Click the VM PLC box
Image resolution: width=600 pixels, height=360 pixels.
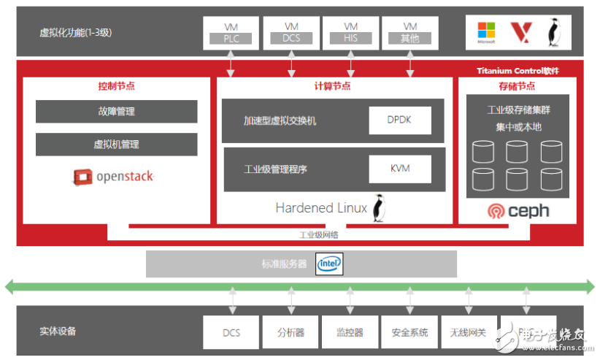point(231,33)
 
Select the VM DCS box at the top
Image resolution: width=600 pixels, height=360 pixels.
point(291,33)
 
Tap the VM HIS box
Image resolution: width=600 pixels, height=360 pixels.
point(350,33)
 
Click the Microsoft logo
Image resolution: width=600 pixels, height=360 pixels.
point(486,32)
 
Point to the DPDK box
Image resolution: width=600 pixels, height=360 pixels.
point(399,120)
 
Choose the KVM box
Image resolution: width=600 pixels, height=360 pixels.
point(399,169)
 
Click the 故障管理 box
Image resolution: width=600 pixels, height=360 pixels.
point(117,112)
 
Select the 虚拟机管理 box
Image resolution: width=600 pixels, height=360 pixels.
point(117,145)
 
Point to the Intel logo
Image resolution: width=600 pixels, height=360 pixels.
point(329,264)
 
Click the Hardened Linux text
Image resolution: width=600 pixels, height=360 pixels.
point(321,207)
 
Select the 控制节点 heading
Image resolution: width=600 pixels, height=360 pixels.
point(117,86)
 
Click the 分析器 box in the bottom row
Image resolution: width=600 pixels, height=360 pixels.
point(291,332)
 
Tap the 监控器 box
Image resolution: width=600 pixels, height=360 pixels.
point(350,332)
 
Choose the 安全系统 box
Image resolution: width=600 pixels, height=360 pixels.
point(409,332)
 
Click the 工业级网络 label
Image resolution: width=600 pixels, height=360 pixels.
point(319,234)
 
